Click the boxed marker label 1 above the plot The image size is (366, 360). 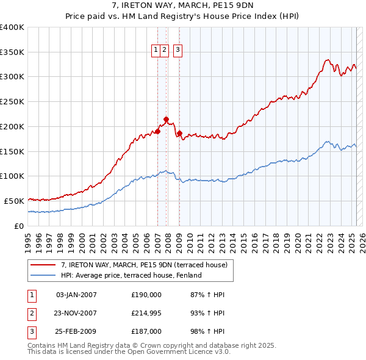coord(156,51)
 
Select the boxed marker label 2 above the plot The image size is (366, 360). coord(165,51)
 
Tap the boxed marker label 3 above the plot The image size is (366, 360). coord(178,51)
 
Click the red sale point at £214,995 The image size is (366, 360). coord(166,119)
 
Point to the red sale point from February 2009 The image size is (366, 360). coord(179,132)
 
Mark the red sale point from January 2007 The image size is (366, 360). coord(157,131)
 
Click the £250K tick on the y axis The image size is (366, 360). coord(12,102)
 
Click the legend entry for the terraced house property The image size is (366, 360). coord(144,265)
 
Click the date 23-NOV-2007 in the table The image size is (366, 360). coord(76,313)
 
